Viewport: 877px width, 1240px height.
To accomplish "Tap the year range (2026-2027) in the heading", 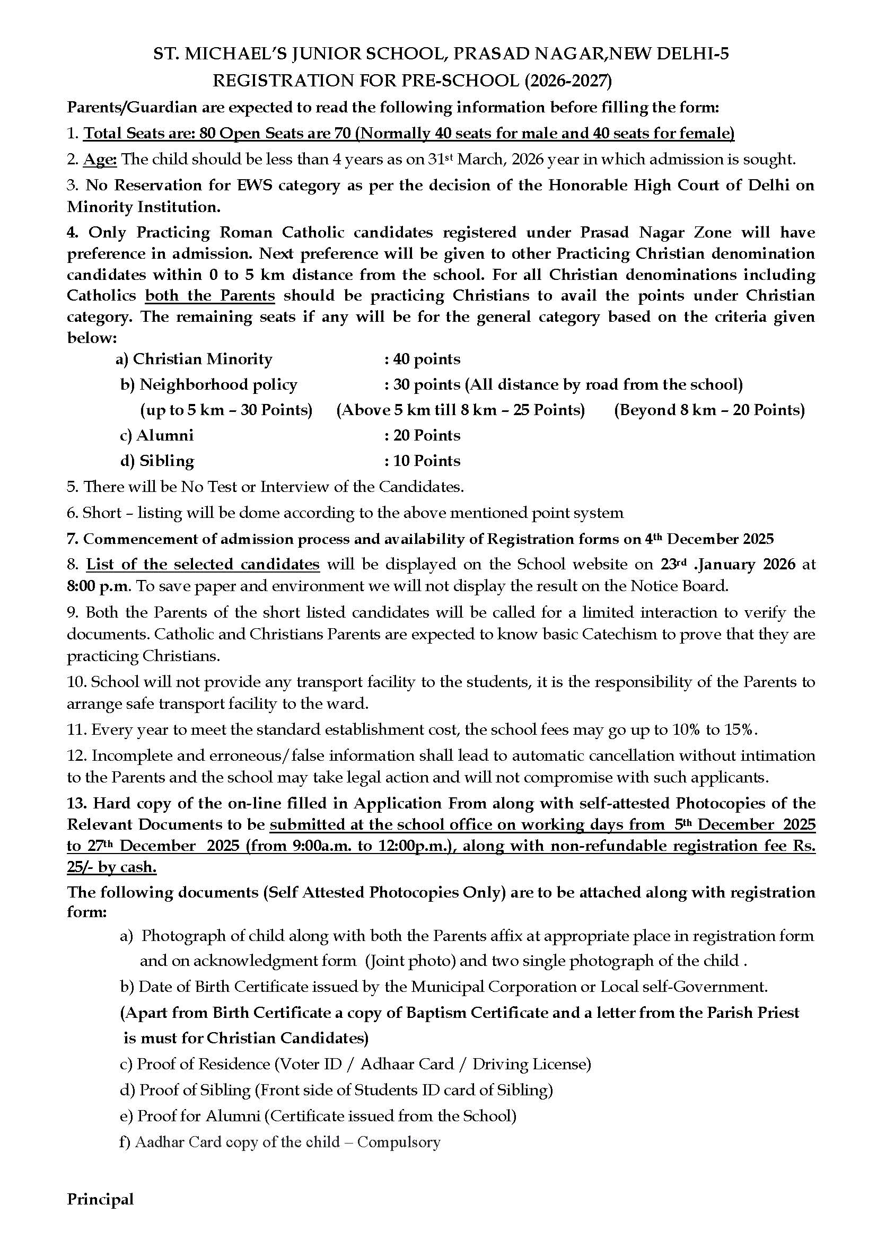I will pyautogui.click(x=567, y=81).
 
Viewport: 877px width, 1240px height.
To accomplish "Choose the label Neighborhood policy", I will pyautogui.click(x=218, y=384).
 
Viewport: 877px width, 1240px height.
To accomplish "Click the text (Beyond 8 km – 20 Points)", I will pyautogui.click(x=709, y=410).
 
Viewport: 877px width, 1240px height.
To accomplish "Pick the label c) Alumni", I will pyautogui.click(x=156, y=435).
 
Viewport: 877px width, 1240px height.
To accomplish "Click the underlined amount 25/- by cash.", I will pyautogui.click(x=112, y=867).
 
